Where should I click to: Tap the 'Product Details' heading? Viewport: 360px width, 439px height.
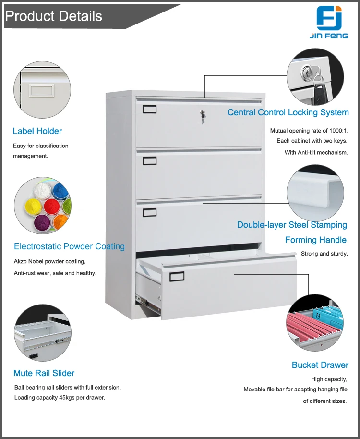point(54,16)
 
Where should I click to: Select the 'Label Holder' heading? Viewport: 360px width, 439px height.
point(37,131)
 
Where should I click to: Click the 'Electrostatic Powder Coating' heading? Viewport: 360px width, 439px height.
point(69,246)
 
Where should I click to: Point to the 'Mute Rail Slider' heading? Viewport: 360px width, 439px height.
point(44,373)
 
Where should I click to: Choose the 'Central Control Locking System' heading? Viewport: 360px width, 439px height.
point(288,112)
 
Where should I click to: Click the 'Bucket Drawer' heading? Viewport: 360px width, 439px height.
point(320,365)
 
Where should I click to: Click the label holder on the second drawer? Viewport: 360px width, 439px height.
point(149,160)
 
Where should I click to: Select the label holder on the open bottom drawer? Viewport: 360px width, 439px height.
point(176,277)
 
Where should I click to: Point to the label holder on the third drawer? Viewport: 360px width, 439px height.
point(149,211)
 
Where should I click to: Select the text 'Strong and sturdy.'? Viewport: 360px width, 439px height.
point(324,254)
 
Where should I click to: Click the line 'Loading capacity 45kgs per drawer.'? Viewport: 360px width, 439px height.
point(60,397)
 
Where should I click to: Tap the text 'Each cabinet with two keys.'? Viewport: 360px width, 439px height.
point(312,141)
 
